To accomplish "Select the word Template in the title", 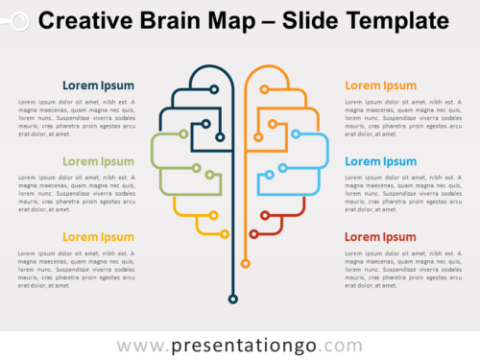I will pos(396,20).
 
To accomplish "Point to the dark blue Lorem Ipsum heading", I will pos(99,85).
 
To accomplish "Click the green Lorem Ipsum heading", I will pos(99,161).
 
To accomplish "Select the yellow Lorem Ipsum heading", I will pos(99,237).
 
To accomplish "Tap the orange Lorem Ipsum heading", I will pos(380,85).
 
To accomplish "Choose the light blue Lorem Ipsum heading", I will pos(380,161).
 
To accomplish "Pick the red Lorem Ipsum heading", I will pos(380,237).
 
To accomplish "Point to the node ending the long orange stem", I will pos(246,262).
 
